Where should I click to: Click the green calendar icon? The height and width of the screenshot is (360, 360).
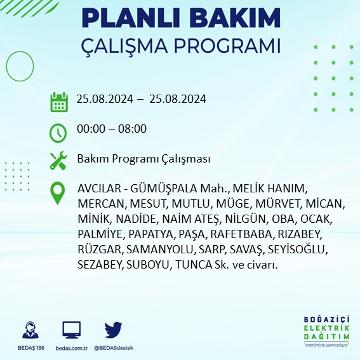point(59,101)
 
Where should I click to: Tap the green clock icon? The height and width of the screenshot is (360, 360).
point(58,132)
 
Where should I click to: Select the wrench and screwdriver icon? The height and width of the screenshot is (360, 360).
point(58,160)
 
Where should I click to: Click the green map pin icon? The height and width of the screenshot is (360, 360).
point(58,193)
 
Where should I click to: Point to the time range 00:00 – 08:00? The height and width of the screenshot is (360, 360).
point(111,129)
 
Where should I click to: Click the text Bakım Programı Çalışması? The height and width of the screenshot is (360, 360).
point(143,159)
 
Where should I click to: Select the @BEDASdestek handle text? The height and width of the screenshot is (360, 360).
point(114,348)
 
